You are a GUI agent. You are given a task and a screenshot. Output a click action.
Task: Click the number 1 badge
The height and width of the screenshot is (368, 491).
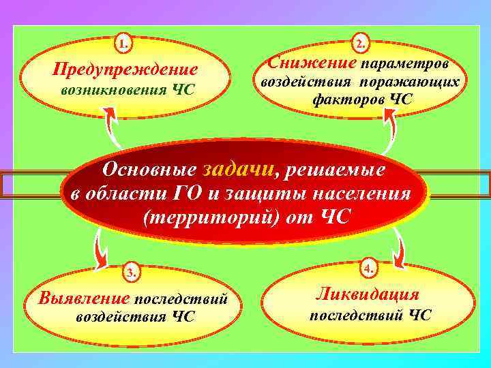pos(123,45)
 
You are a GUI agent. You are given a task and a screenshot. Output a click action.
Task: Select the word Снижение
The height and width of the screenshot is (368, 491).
pos(312,63)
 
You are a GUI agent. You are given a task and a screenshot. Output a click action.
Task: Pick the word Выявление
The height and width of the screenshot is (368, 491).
pos(85,298)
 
